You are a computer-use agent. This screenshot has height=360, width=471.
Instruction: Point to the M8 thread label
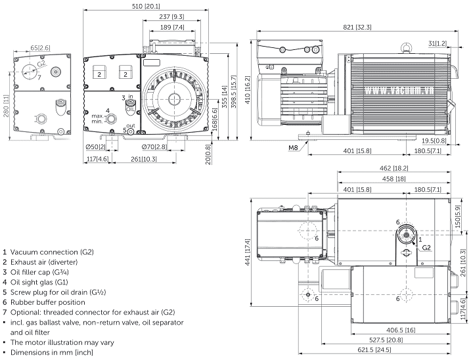pyautogui.click(x=294, y=147)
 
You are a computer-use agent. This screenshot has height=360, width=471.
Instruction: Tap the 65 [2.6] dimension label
pyautogui.click(x=40, y=48)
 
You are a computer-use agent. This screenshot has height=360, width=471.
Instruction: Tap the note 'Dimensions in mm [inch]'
pyautogui.click(x=52, y=353)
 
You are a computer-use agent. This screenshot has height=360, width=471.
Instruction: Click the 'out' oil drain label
pyautogui.click(x=130, y=125)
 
